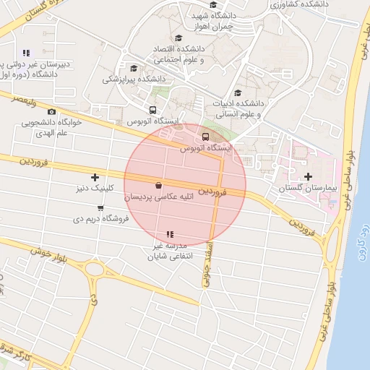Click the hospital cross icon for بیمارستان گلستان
(x=308, y=176)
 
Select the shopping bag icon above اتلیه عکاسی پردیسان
(x=158, y=184)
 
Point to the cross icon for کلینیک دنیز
(x=95, y=177)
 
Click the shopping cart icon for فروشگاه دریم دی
(x=100, y=208)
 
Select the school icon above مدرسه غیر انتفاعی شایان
(x=170, y=234)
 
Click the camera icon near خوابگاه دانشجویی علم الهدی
(x=51, y=111)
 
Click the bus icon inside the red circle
(x=205, y=137)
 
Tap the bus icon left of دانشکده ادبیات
(x=152, y=110)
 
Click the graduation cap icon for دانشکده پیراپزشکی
(x=133, y=69)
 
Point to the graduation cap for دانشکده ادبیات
(x=238, y=91)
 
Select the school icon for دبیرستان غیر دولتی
(x=27, y=53)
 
